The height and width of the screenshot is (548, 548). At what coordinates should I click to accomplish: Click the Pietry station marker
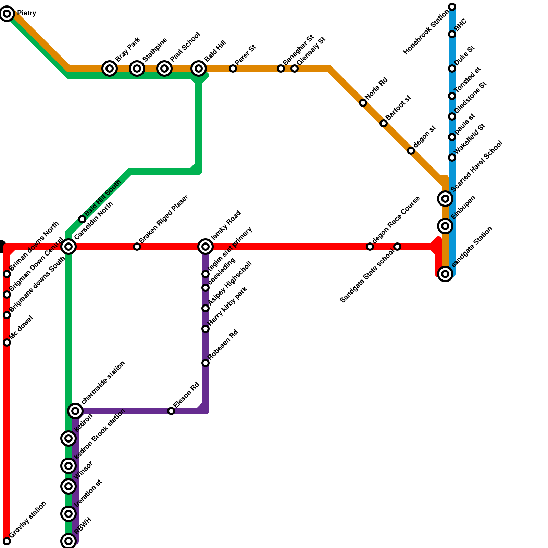click(x=7, y=14)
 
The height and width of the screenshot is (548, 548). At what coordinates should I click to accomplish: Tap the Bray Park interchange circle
click(x=110, y=68)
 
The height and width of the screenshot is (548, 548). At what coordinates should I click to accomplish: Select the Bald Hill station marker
click(x=199, y=68)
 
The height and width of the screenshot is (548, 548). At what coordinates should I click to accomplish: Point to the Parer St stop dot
click(x=233, y=68)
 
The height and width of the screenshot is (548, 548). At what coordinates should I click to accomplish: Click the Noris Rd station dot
click(x=363, y=103)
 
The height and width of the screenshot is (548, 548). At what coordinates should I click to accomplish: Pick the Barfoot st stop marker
click(x=384, y=123)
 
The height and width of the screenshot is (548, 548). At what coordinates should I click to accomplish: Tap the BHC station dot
click(x=452, y=34)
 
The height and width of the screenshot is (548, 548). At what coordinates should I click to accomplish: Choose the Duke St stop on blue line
click(x=452, y=68)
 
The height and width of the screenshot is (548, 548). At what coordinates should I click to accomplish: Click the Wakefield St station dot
click(x=452, y=158)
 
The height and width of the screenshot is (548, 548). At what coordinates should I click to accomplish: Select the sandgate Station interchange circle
click(x=445, y=274)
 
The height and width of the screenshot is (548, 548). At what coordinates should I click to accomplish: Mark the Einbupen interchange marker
click(x=445, y=226)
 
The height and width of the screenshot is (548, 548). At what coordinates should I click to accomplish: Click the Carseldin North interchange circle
click(x=68, y=247)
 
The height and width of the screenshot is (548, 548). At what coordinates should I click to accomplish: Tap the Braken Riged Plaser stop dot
click(x=137, y=247)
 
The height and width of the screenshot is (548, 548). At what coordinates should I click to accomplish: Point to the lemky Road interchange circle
click(x=206, y=247)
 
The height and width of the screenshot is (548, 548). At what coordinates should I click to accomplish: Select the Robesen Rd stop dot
click(x=206, y=363)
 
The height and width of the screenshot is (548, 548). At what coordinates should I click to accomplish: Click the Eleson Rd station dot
click(x=171, y=411)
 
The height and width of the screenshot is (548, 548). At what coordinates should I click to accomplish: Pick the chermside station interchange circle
click(x=75, y=411)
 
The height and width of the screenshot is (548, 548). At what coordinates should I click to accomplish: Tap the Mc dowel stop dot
click(x=7, y=342)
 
